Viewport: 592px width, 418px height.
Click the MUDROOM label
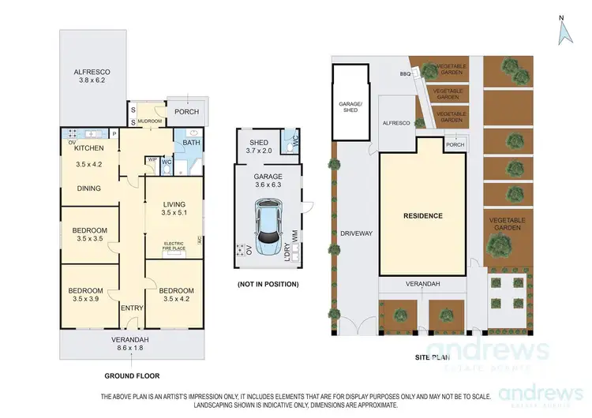pos(151,121)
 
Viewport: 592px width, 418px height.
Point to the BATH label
pos(191,143)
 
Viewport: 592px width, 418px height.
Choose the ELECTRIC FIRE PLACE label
pos(173,245)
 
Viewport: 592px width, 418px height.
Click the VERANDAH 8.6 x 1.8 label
pos(130,344)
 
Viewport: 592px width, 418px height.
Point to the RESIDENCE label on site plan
pos(423,215)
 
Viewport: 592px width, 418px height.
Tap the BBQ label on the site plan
pos(407,73)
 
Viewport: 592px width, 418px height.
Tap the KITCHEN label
pos(89,148)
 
